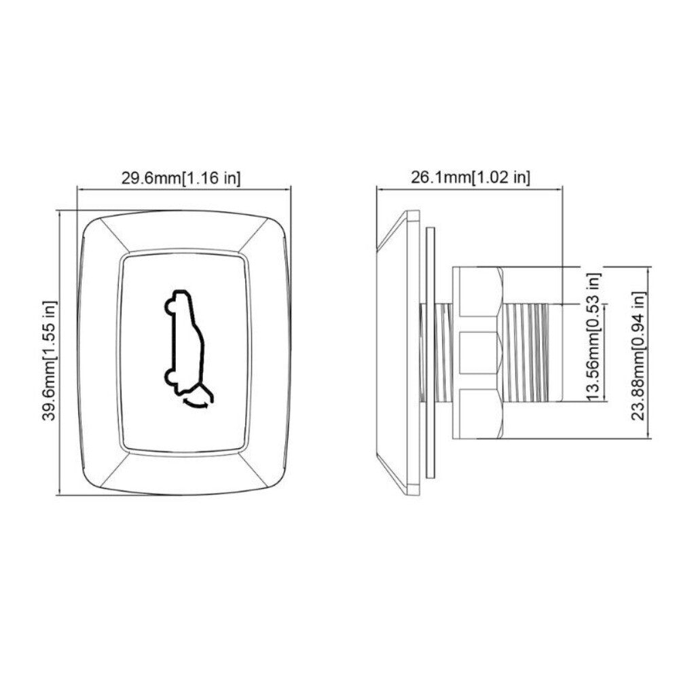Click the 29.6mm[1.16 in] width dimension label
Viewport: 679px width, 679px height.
180,177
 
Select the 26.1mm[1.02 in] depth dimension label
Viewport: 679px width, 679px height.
470,177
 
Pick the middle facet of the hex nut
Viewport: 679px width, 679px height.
477,352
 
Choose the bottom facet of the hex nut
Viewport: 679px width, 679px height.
477,413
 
